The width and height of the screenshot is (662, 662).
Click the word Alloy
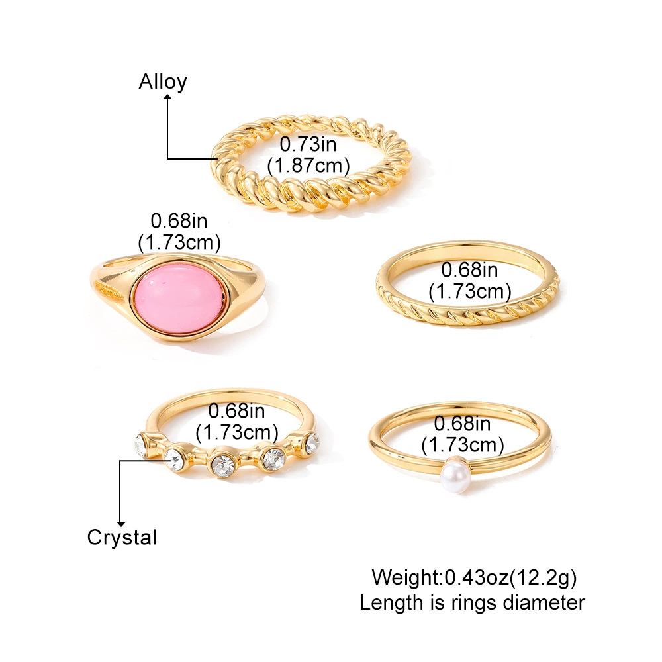pos(163,82)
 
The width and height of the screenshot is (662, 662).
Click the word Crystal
pos(122,538)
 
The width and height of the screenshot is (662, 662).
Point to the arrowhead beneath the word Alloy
pos(168,98)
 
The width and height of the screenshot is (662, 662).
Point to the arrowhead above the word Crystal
pos(121,523)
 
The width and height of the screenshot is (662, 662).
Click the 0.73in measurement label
pos(308,144)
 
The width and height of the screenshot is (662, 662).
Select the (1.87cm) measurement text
pos(308,165)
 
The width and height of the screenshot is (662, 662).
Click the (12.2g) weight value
pos(543,577)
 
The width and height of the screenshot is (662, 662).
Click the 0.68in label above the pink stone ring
pos(179,221)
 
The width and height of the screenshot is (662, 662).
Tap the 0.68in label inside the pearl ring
pos(462,424)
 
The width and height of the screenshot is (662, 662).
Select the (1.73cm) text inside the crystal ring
pos(237,432)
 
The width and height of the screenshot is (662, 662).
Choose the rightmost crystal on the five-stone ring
pos(312,443)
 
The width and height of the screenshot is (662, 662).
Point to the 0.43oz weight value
pos(477,577)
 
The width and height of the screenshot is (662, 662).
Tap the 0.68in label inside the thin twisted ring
pos(469,270)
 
